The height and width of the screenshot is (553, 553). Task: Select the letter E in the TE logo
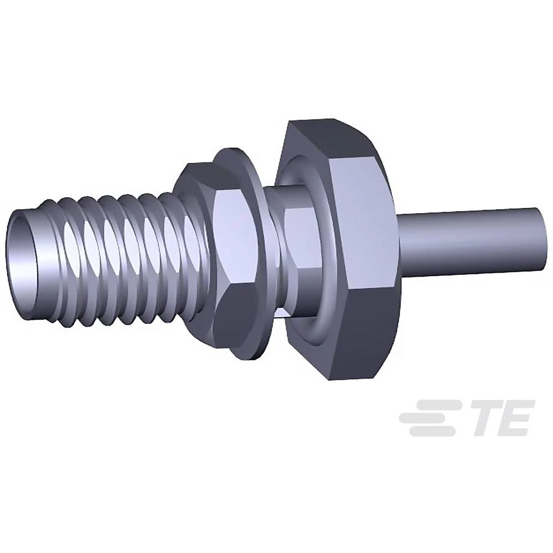pyautogui.click(x=517, y=418)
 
